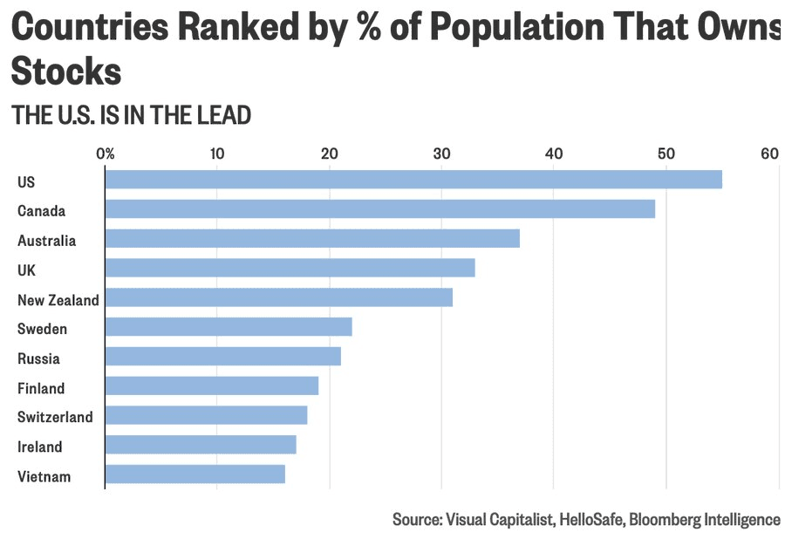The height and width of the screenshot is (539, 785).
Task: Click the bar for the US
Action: (413, 179)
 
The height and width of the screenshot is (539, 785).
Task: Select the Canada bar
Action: (380, 208)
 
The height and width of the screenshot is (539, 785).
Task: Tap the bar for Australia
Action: (312, 238)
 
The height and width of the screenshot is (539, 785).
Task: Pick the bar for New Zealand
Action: (279, 297)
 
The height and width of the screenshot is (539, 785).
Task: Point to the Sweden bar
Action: (229, 327)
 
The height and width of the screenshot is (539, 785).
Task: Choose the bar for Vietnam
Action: (195, 474)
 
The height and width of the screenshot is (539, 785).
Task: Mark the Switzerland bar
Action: (206, 415)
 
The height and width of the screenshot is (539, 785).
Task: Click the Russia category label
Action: (38, 358)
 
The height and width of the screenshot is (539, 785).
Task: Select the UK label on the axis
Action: (26, 270)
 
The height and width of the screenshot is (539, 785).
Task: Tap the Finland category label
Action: (41, 388)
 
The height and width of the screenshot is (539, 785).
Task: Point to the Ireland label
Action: (40, 447)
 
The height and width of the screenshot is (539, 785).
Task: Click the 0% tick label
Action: (106, 154)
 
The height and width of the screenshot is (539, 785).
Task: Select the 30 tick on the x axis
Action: (441, 154)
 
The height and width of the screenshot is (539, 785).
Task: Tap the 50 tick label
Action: (666, 154)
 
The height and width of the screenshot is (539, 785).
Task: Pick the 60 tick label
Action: (770, 154)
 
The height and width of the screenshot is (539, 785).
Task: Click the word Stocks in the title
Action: (66, 71)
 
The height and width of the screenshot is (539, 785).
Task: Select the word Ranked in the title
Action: (239, 26)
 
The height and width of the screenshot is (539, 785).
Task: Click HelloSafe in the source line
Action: (591, 519)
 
